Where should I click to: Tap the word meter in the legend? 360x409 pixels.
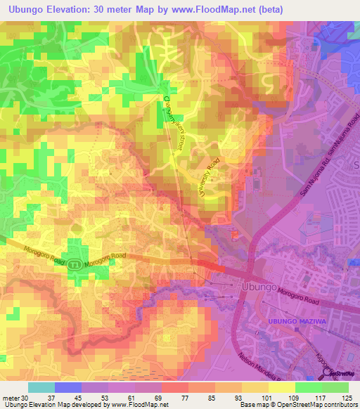click(10, 398)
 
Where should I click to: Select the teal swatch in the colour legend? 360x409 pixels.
click(41, 387)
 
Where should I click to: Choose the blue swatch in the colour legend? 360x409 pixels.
click(68, 387)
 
